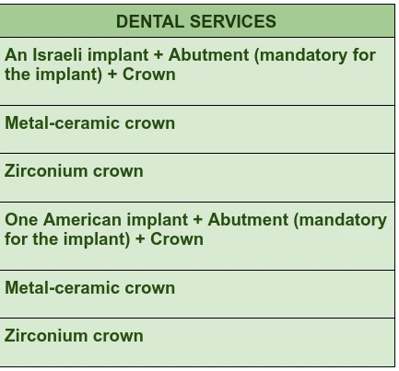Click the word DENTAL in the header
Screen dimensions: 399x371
(x=150, y=21)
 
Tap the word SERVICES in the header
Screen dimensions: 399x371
(x=233, y=21)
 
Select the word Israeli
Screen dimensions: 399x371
(x=57, y=55)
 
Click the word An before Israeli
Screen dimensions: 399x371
(x=16, y=55)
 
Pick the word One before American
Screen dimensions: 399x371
(x=21, y=220)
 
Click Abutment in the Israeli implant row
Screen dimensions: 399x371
(x=209, y=55)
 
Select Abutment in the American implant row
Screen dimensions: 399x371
(x=248, y=220)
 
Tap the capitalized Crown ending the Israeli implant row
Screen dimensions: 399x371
(x=149, y=75)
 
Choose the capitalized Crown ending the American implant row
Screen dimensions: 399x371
(x=177, y=239)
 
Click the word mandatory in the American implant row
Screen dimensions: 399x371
(x=340, y=220)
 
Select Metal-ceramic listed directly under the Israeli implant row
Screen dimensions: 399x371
(x=63, y=123)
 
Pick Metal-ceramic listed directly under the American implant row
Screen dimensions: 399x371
(x=63, y=288)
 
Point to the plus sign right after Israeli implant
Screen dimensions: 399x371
(x=158, y=55)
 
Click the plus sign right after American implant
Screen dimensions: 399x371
(x=198, y=220)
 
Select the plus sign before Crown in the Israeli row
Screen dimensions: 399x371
(x=112, y=75)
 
